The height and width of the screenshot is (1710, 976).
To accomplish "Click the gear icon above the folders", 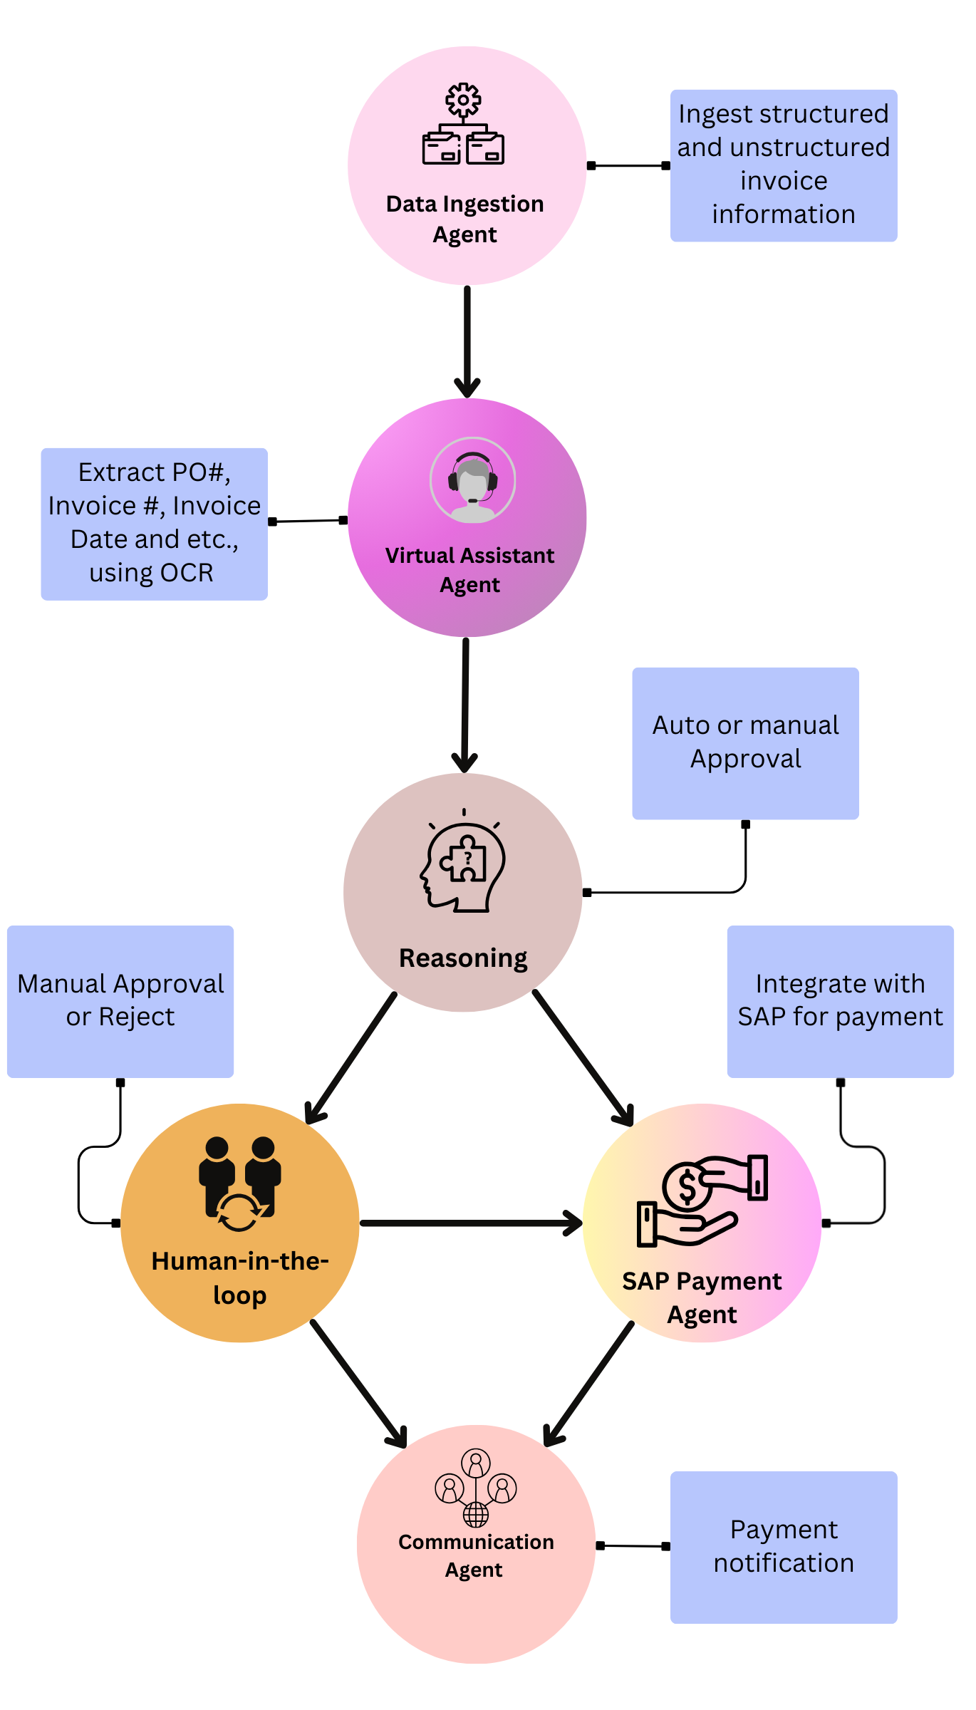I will (463, 100).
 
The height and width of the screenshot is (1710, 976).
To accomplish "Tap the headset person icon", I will (472, 480).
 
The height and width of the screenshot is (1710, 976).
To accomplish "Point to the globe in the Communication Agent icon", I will (476, 1513).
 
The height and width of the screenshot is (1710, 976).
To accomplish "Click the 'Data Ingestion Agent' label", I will (465, 219).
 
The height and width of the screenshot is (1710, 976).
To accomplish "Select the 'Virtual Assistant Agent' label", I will (469, 570).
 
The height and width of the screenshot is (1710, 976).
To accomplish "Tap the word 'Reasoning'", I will (463, 958).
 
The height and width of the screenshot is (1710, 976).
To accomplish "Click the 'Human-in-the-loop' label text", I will (240, 1278).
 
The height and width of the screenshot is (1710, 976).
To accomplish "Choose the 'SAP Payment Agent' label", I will (702, 1297).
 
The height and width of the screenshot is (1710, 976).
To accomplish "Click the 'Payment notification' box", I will (784, 1546).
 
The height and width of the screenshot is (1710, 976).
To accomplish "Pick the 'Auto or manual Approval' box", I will (745, 742).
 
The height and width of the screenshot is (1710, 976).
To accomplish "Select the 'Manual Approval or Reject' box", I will (120, 1000).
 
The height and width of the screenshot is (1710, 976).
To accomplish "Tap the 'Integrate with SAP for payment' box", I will (840, 1000).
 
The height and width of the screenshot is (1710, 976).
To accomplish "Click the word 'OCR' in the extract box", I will (187, 573).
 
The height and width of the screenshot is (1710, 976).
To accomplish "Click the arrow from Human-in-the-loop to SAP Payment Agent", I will (470, 1223).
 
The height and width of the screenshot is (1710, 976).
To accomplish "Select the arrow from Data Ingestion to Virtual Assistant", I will (467, 342).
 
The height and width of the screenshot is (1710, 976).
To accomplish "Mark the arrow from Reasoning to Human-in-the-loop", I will (351, 1057).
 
